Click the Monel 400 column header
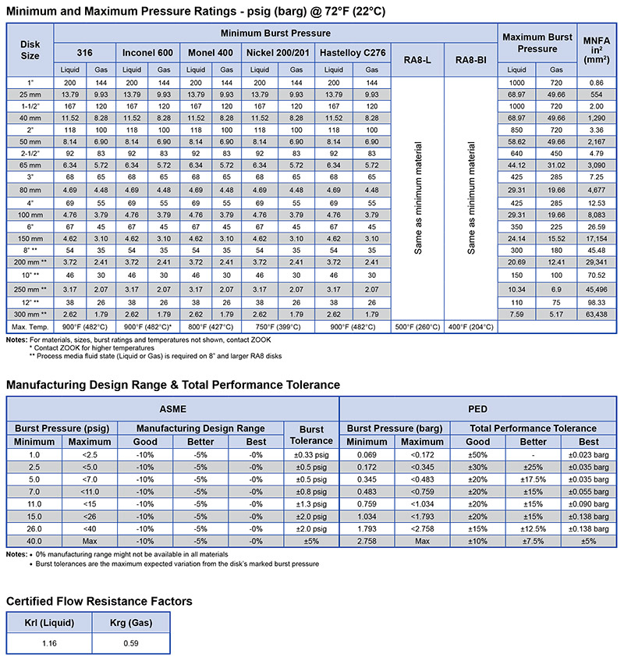click(x=210, y=52)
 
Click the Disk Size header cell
click(x=30, y=50)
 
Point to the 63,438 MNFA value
click(x=597, y=315)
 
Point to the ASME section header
click(x=172, y=407)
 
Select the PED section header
click(x=477, y=407)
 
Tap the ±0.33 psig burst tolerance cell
click(x=311, y=453)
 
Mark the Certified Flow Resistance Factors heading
click(x=99, y=601)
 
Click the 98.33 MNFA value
click(x=597, y=301)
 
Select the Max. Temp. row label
click(x=30, y=325)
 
